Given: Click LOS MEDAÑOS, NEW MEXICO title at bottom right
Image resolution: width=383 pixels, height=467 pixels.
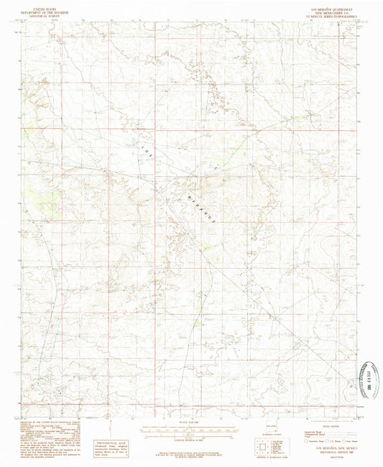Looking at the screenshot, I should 328,448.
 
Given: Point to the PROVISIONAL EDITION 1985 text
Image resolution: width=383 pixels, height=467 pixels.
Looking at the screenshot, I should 328,453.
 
